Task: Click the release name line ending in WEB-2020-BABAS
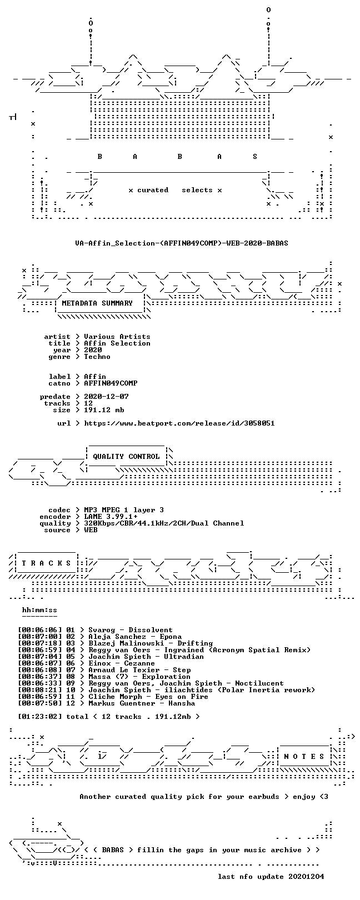click(182, 243)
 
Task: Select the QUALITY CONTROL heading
click(126, 457)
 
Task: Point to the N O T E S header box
click(304, 757)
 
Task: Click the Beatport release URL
click(179, 423)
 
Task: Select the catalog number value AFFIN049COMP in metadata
click(111, 383)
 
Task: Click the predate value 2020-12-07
click(106, 397)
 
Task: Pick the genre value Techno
click(97, 357)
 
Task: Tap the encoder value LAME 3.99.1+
click(111, 517)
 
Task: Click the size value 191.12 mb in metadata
click(104, 410)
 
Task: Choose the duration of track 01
click(40, 630)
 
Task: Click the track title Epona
click(171, 637)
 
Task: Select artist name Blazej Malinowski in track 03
click(126, 643)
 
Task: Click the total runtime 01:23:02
click(40, 717)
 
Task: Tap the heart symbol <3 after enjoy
click(323, 797)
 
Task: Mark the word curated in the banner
click(153, 190)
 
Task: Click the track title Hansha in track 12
click(182, 703)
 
